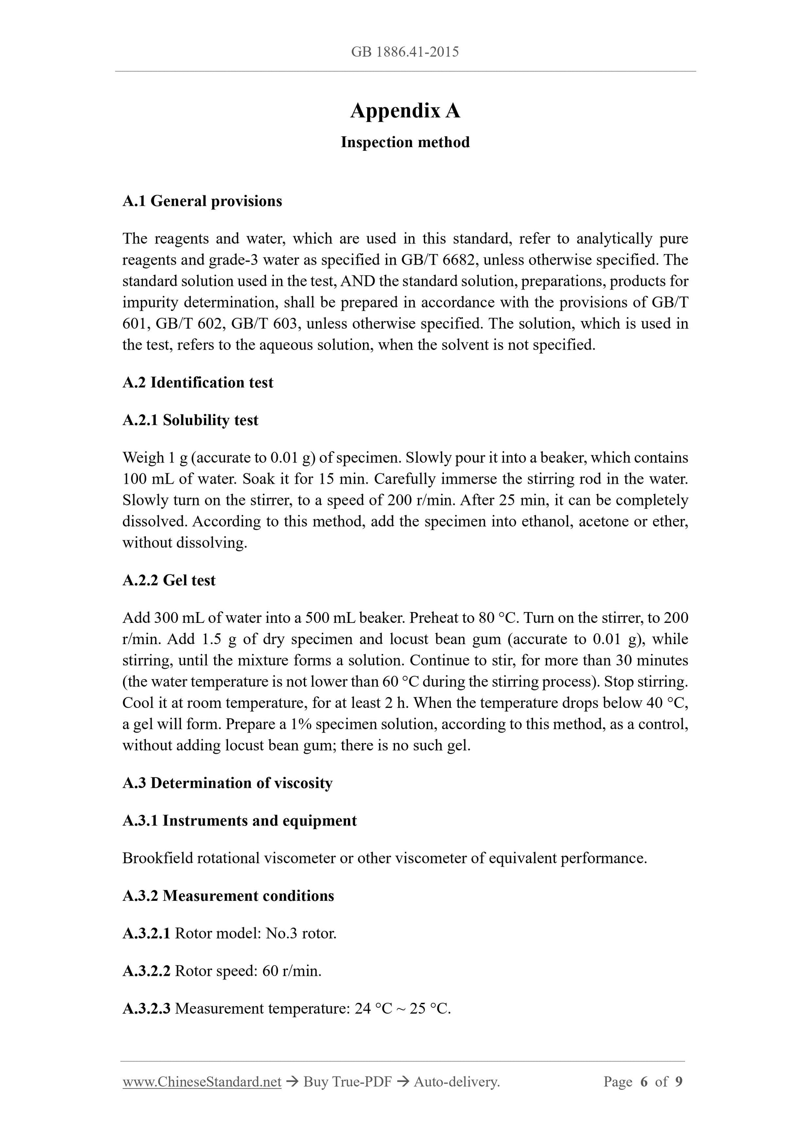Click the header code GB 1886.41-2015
click(x=405, y=52)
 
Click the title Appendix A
click(x=405, y=111)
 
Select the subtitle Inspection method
click(x=405, y=142)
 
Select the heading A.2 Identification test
click(x=198, y=382)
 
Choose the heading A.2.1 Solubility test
click(x=190, y=420)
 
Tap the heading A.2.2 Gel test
click(x=169, y=580)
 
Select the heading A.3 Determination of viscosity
click(x=228, y=783)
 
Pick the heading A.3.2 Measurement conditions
click(x=228, y=896)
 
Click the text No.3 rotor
click(x=301, y=933)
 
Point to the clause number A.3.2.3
click(x=146, y=1009)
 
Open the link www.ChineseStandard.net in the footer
click(x=202, y=1082)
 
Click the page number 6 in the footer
click(x=643, y=1082)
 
